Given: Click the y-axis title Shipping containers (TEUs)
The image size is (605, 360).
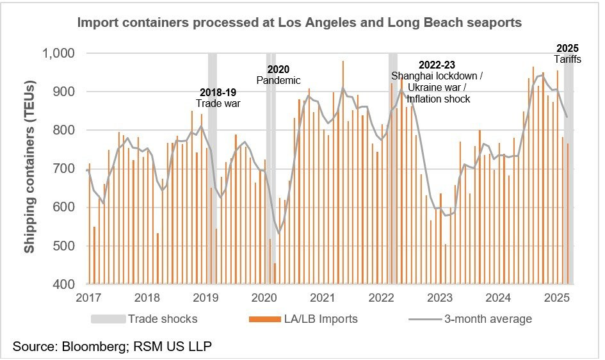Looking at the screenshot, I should pos(29,166).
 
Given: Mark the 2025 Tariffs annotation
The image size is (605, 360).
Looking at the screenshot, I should pos(567,53).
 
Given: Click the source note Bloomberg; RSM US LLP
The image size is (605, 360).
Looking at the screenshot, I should pos(112,347).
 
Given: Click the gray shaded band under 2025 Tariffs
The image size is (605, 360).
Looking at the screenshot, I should pos(569,192).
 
